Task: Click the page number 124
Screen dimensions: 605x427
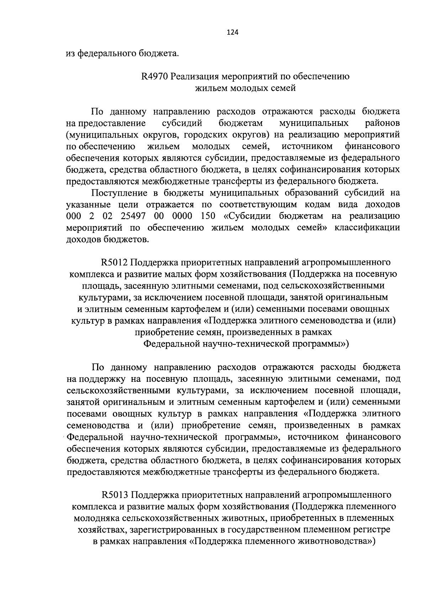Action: pos(232,32)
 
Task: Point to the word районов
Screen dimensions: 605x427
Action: pos(383,123)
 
